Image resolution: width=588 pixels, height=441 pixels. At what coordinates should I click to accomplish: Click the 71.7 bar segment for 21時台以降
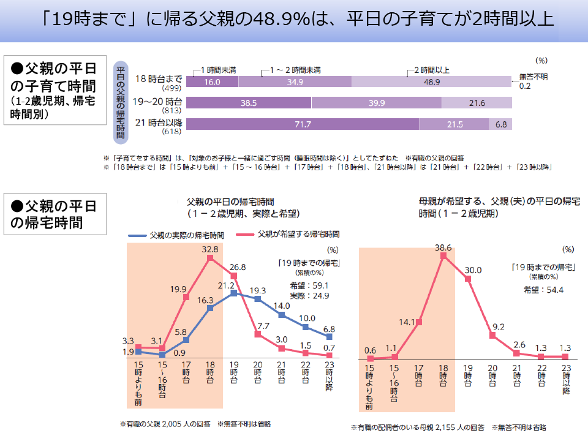click(303, 124)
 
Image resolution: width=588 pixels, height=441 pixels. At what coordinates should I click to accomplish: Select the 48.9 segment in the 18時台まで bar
click(431, 82)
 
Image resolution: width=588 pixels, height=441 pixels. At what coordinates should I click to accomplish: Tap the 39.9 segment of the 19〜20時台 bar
click(377, 104)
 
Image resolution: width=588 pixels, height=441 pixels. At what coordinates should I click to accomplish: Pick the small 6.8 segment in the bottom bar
click(501, 124)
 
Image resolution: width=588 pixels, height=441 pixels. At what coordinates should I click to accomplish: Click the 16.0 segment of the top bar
click(212, 82)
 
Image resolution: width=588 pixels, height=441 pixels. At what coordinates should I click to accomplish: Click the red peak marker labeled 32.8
click(210, 258)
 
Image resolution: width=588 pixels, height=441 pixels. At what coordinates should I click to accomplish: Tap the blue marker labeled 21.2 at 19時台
click(234, 293)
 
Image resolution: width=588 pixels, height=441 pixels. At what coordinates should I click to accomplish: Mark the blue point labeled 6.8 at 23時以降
click(330, 336)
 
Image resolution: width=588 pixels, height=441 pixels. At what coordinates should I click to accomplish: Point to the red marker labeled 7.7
click(258, 334)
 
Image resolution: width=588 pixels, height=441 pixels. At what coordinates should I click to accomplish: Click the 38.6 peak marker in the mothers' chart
click(443, 255)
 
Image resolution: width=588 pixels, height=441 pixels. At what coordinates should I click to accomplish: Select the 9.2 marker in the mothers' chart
click(492, 335)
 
